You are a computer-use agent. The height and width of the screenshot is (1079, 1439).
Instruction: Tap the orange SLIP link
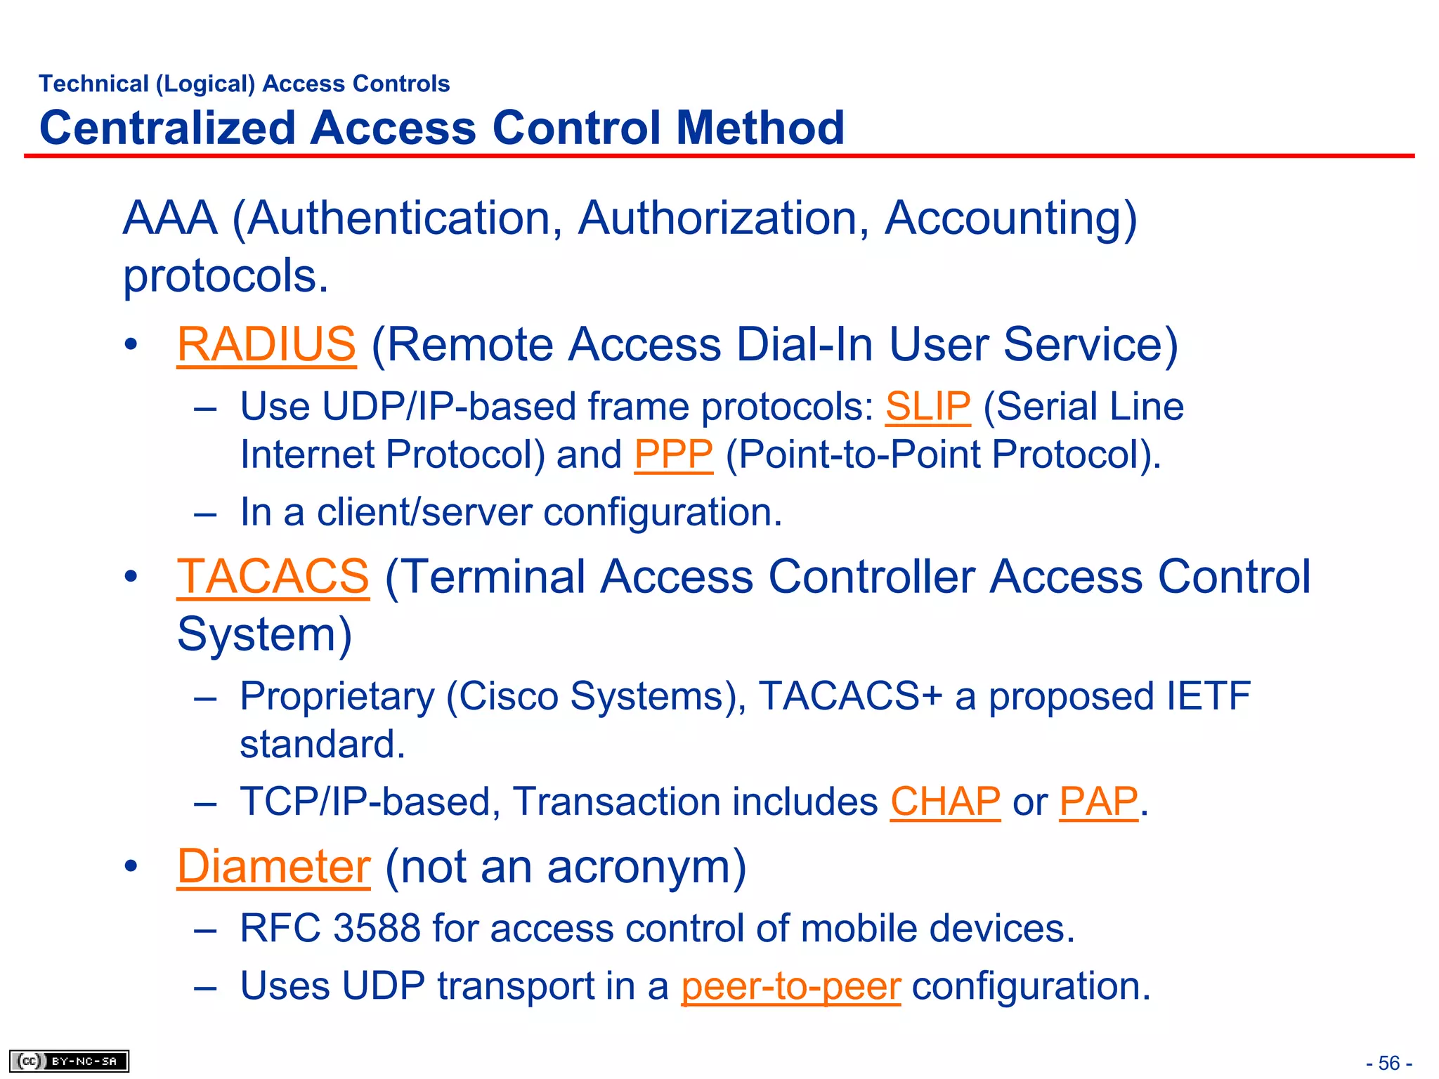click(x=927, y=407)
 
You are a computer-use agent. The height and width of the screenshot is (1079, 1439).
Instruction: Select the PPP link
click(x=673, y=455)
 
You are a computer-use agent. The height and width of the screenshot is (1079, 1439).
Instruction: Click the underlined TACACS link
click(x=273, y=577)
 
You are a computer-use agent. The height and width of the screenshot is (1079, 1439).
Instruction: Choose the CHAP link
click(x=945, y=802)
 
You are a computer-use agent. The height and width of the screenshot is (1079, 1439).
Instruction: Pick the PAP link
click(x=1098, y=802)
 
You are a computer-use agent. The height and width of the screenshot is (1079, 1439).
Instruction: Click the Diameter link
click(x=273, y=866)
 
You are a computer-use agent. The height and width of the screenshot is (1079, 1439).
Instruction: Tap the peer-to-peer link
click(x=790, y=986)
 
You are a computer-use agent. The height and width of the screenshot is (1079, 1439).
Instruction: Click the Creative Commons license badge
click(x=69, y=1061)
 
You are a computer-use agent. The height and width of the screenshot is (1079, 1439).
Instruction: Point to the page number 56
click(x=1389, y=1063)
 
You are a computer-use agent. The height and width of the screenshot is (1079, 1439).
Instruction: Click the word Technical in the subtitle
click(x=94, y=84)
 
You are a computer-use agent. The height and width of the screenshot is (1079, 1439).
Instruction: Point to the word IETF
click(x=1208, y=696)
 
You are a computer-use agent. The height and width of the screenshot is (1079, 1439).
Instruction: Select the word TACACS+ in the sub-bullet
click(x=849, y=696)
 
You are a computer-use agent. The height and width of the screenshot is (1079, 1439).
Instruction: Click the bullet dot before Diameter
click(x=131, y=866)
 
